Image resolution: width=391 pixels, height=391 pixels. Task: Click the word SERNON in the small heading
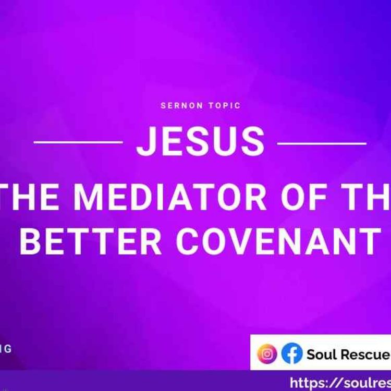point(182,106)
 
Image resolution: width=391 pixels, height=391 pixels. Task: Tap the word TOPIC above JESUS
point(223,106)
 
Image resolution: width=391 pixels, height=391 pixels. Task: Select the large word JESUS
point(201,142)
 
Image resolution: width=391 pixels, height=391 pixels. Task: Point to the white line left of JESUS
point(78,142)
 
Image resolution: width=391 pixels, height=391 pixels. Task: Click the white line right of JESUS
point(322,142)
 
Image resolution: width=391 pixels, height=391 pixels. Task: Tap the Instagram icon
point(267,354)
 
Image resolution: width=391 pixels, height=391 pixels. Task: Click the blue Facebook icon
point(292,354)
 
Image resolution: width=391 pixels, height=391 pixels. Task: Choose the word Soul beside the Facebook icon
point(322,355)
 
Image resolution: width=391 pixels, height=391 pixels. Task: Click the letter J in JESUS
point(147,142)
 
